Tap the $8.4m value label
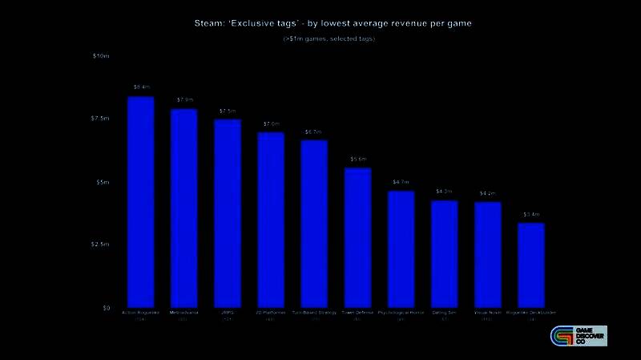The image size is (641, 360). pyautogui.click(x=141, y=87)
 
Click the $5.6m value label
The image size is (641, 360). pyautogui.click(x=358, y=159)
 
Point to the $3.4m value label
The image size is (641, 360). pyautogui.click(x=531, y=214)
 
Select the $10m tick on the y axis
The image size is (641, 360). pyautogui.click(x=100, y=56)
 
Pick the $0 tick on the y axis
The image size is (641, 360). pyautogui.click(x=104, y=308)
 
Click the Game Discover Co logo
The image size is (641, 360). pyautogui.click(x=578, y=336)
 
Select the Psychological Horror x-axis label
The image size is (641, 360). pyautogui.click(x=401, y=313)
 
